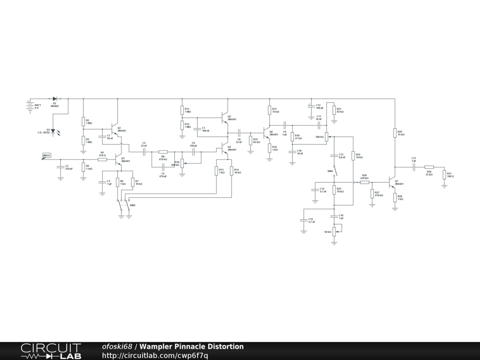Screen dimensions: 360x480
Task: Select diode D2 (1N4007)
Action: coord(55,99)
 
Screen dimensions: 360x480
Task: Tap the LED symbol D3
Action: coord(53,131)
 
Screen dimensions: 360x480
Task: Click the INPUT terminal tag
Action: coord(46,156)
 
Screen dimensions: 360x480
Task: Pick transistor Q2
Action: coord(115,129)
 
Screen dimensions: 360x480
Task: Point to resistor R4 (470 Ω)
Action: coord(102,159)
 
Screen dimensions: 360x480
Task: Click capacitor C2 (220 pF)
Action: coord(60,166)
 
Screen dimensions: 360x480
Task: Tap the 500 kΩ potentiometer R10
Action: coord(182,162)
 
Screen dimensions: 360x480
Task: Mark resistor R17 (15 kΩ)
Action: coord(270,110)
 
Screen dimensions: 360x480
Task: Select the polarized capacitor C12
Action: coord(309,107)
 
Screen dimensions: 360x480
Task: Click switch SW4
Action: coord(334,171)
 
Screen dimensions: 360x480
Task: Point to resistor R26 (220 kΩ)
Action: coord(364,182)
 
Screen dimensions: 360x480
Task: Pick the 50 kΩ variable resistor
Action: coord(334,231)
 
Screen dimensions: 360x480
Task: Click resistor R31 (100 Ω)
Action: coord(444,174)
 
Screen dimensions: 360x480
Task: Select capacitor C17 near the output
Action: coord(414,166)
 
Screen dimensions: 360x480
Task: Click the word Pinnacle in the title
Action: coord(191,347)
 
